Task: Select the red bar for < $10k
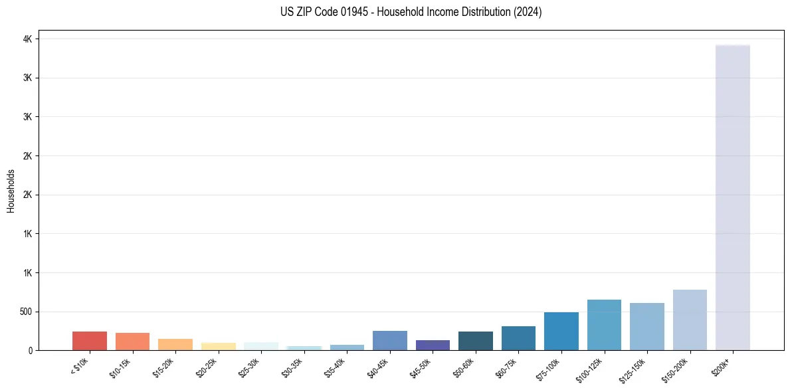coord(90,341)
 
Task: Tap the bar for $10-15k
coord(132,342)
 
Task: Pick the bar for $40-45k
coord(390,340)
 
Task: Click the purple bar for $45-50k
coord(433,345)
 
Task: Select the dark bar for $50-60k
coord(476,341)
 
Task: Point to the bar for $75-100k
coord(561,331)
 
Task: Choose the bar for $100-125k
coord(604,325)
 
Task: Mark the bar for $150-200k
coord(690,320)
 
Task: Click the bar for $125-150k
coord(647,326)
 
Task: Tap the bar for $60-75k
coord(518,338)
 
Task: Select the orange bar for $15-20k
coord(175,344)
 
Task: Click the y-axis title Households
coord(11,191)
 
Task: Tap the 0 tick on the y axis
coord(29,350)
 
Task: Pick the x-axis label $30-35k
coord(292,367)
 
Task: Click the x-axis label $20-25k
coord(206,367)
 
